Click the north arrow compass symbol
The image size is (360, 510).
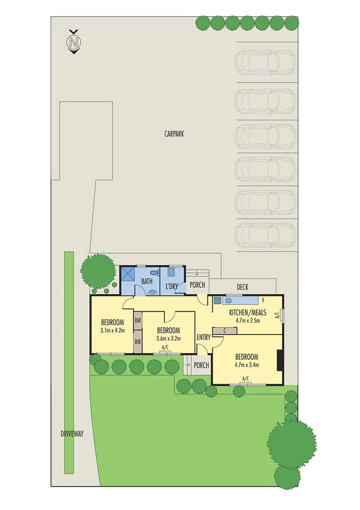74,42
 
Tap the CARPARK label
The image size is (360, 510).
174,135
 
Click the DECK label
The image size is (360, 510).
242,287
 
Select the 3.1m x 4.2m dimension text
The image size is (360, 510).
112,329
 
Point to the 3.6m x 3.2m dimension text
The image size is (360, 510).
168,339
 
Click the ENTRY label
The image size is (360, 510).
203,337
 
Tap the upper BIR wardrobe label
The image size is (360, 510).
138,321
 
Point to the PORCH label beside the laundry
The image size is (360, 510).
197,284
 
